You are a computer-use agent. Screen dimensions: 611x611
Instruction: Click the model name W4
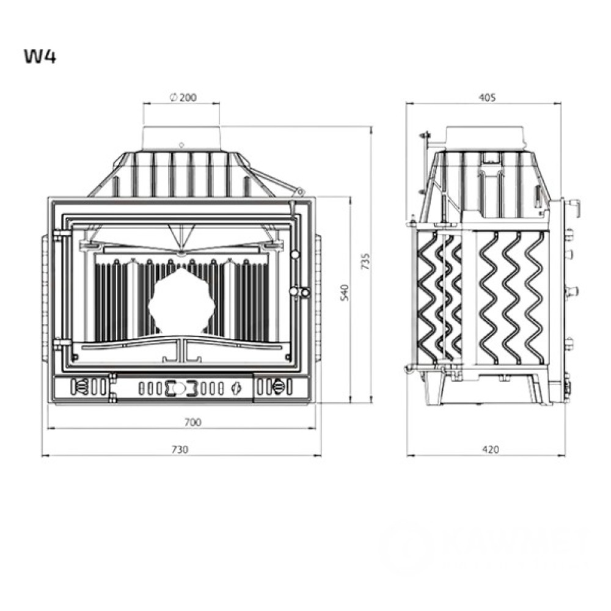[x=40, y=56]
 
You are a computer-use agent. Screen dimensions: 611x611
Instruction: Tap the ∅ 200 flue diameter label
[x=181, y=97]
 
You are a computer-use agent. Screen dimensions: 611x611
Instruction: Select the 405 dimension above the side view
[x=486, y=97]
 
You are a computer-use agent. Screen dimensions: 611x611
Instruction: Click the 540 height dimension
[x=343, y=292]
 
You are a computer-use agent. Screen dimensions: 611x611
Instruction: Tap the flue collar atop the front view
[x=181, y=138]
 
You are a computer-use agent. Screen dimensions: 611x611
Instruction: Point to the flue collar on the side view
[x=486, y=137]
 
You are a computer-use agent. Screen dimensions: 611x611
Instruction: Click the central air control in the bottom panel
[x=181, y=387]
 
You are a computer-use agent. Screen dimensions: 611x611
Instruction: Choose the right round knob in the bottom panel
[x=279, y=387]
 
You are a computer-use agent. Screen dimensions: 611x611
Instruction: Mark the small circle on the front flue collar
[x=181, y=145]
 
